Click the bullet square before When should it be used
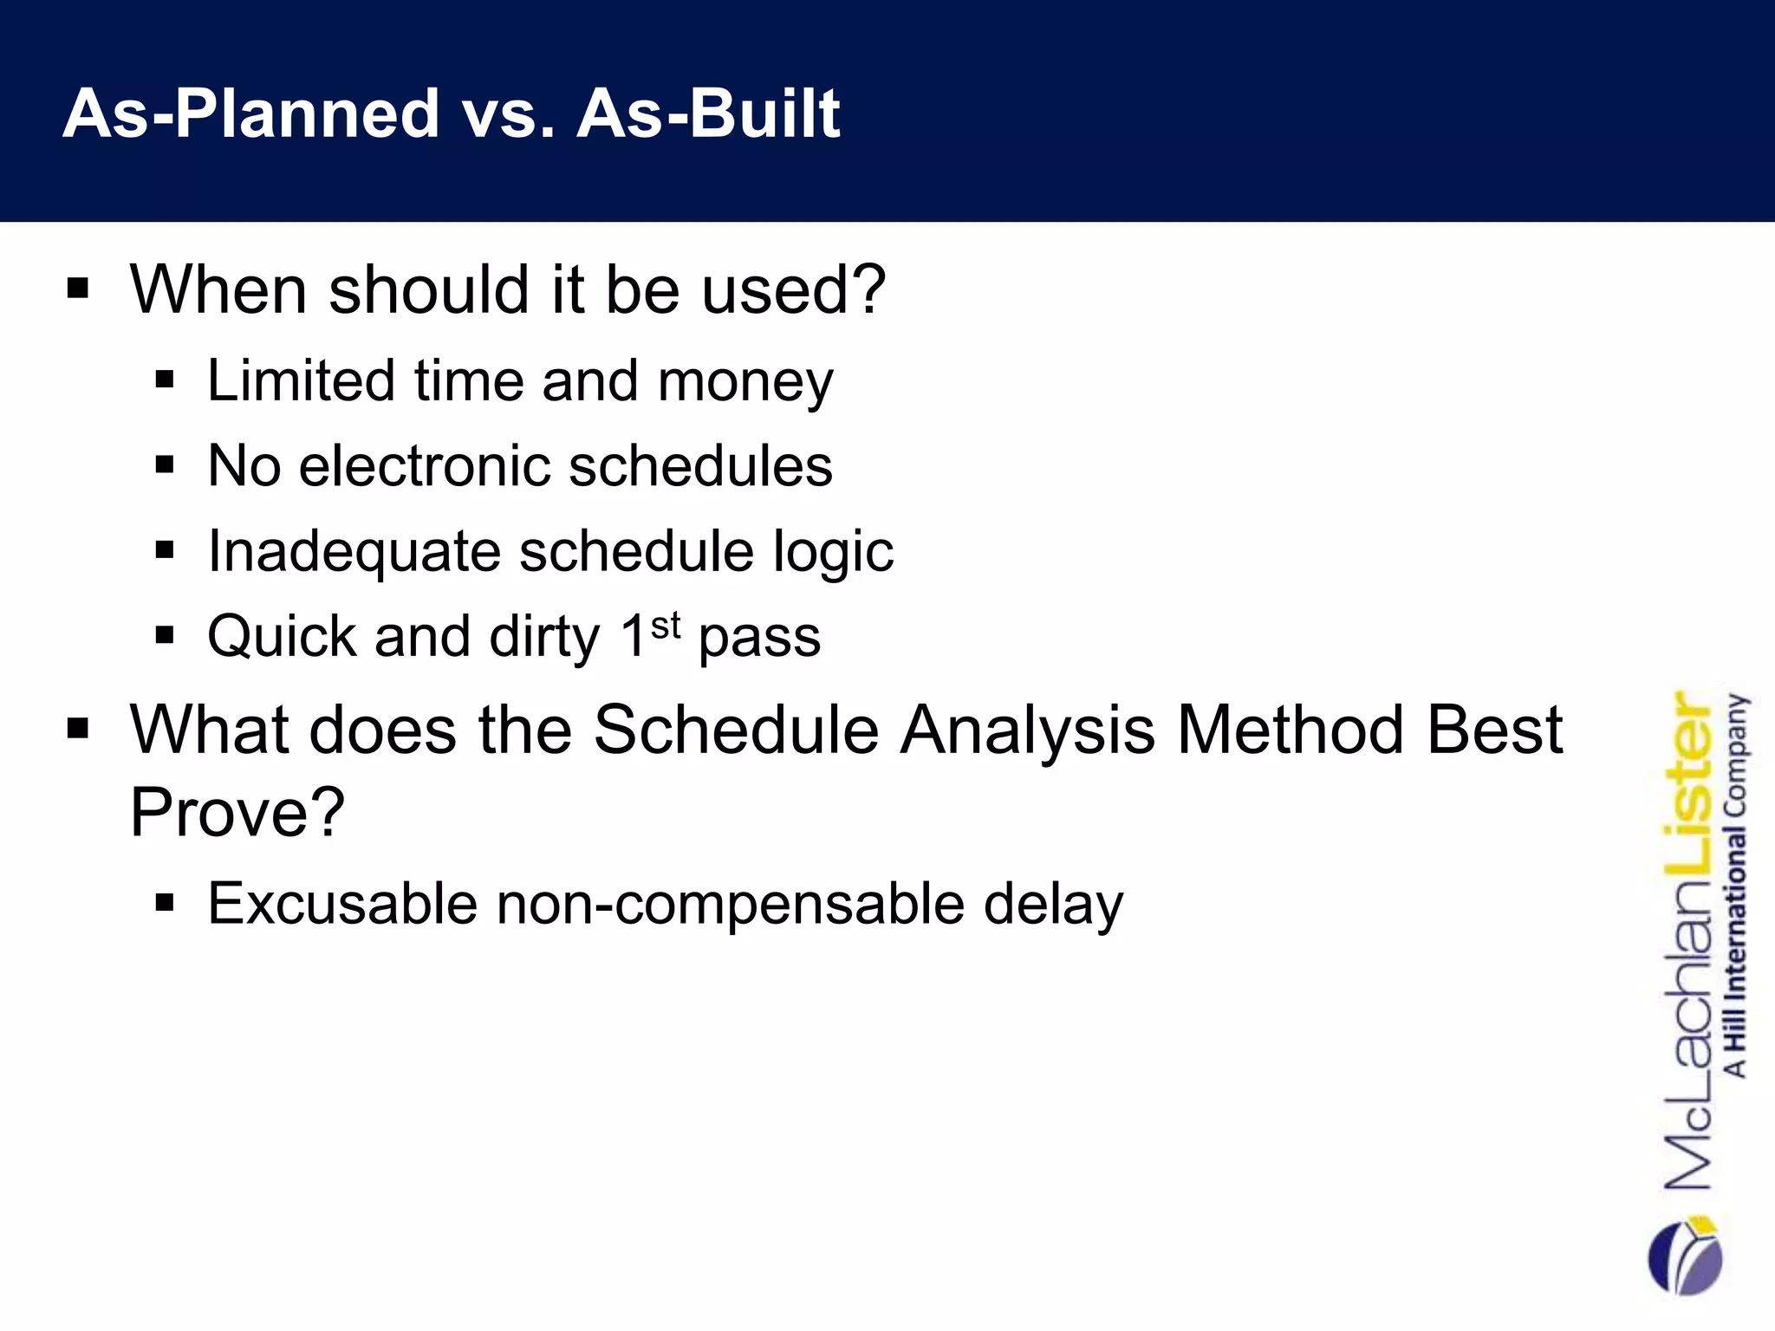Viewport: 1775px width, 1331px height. pyautogui.click(x=78, y=289)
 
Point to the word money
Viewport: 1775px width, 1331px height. pyautogui.click(x=745, y=382)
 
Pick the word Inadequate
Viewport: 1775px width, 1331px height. pyautogui.click(x=354, y=552)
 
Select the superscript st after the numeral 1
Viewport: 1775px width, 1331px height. pyautogui.click(x=666, y=625)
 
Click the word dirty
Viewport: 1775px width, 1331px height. pyautogui.click(x=544, y=637)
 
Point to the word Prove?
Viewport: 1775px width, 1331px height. pyautogui.click(x=237, y=813)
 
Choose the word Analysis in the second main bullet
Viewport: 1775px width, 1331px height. pyautogui.click(x=1028, y=730)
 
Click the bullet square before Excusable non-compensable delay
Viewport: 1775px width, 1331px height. pyautogui.click(x=165, y=904)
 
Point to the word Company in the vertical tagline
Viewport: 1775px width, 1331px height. pyautogui.click(x=1736, y=754)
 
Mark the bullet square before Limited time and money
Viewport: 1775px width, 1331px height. pyautogui.click(x=165, y=380)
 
